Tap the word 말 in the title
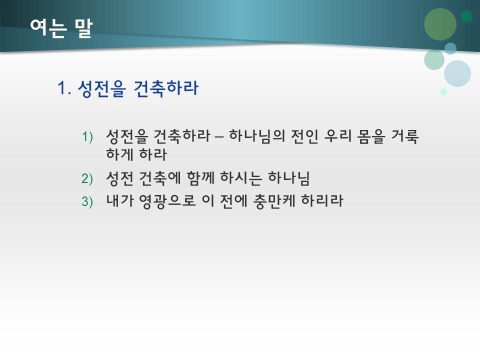pyautogui.click(x=83, y=28)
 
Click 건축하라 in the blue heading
pyautogui.click(x=166, y=89)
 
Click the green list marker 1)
pyautogui.click(x=87, y=136)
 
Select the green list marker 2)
pyautogui.click(x=87, y=178)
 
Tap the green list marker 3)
pyautogui.click(x=87, y=201)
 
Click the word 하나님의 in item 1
pyautogui.click(x=255, y=136)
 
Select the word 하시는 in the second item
pyautogui.click(x=242, y=178)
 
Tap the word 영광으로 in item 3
pyautogui.click(x=164, y=201)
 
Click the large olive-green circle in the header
pyautogui.click(x=440, y=24)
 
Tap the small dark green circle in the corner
pyautogui.click(x=466, y=16)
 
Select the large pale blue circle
pyautogui.click(x=457, y=73)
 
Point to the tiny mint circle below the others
pyautogui.click(x=443, y=91)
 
